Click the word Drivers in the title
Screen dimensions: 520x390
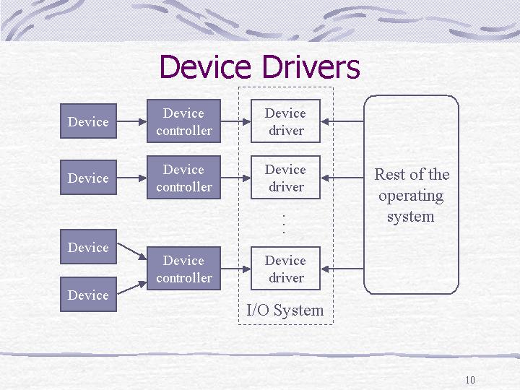[311, 66]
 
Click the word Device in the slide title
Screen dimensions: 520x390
[205, 66]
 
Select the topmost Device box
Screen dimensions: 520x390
[88, 121]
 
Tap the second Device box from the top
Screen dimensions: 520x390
[88, 178]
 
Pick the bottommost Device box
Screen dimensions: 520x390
[88, 295]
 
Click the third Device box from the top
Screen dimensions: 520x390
[88, 247]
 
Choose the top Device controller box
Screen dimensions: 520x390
[183, 121]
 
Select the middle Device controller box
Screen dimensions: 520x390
[183, 178]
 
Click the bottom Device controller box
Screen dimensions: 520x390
[183, 268]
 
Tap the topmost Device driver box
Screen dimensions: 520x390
[285, 121]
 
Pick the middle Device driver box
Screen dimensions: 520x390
[285, 178]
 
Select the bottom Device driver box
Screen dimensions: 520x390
[285, 268]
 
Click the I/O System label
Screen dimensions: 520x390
[285, 311]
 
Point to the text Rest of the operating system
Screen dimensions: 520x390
[412, 195]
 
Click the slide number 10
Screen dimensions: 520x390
[470, 380]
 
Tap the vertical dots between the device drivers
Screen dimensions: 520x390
[284, 224]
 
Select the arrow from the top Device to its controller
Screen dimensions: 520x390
[131, 122]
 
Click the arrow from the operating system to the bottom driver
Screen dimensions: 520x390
[342, 269]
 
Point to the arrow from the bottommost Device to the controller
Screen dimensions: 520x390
[132, 288]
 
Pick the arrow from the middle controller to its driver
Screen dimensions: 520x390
[235, 178]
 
